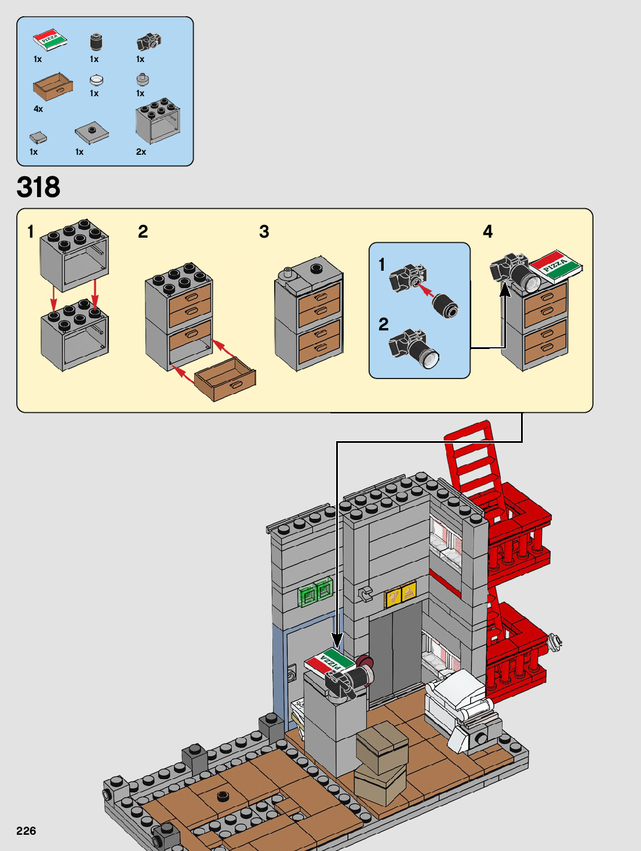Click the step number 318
tap(38, 187)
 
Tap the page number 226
tap(26, 831)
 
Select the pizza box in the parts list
tap(50, 41)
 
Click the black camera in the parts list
tap(148, 41)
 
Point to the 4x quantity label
tap(38, 109)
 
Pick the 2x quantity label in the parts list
tap(141, 152)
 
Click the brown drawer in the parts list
tap(53, 86)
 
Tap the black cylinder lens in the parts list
tap(96, 42)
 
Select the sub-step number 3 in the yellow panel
tap(264, 232)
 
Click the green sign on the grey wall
tap(315, 592)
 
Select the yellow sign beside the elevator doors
tap(400, 595)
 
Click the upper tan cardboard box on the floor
tap(382, 745)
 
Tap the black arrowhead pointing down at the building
tap(337, 641)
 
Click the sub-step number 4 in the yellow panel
tap(488, 232)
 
